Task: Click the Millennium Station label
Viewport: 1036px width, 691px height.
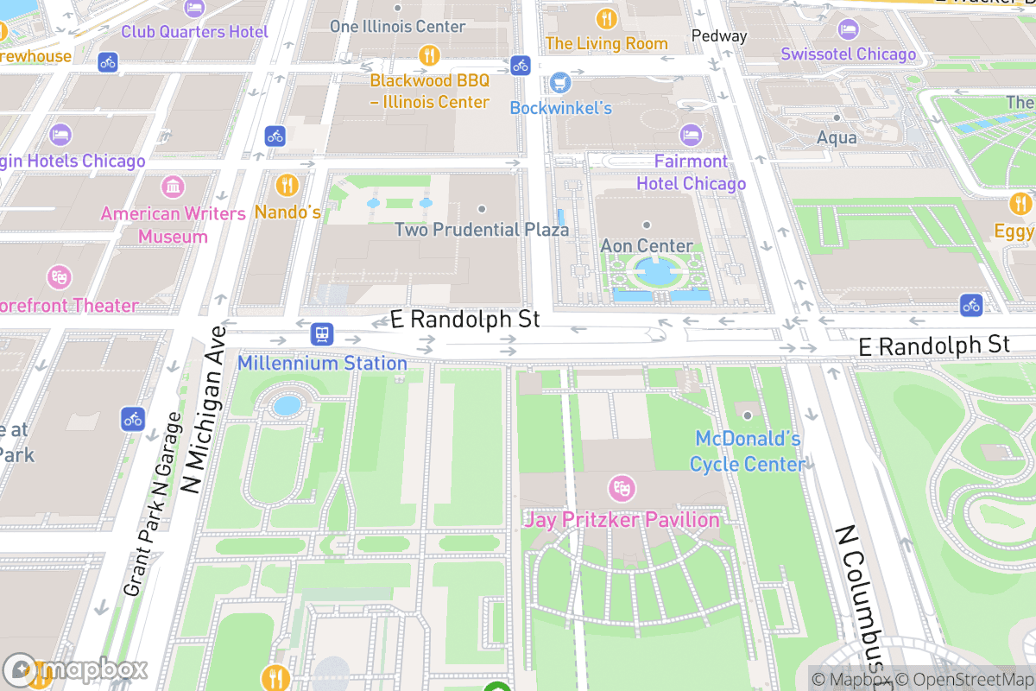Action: tap(322, 363)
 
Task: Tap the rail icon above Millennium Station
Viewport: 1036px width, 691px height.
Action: tap(322, 333)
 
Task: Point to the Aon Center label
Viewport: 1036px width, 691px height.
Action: tap(647, 246)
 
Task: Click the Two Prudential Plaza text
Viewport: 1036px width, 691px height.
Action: tap(482, 230)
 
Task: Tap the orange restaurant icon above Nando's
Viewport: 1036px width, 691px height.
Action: tap(287, 185)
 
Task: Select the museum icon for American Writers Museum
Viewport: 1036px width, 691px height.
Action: tap(173, 187)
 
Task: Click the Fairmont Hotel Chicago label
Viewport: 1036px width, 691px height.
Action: tap(691, 172)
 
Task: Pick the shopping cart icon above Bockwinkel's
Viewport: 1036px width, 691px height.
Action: tap(561, 83)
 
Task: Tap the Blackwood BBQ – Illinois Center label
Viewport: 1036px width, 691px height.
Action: tap(429, 91)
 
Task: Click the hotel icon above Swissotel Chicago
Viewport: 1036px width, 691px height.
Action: tap(848, 29)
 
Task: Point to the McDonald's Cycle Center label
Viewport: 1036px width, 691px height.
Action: tap(747, 451)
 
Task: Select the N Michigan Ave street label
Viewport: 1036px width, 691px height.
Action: tap(205, 411)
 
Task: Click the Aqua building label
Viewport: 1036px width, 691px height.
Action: tap(837, 137)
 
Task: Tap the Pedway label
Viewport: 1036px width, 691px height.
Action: tap(719, 36)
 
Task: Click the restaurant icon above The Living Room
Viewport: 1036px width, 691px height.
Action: tap(607, 18)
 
